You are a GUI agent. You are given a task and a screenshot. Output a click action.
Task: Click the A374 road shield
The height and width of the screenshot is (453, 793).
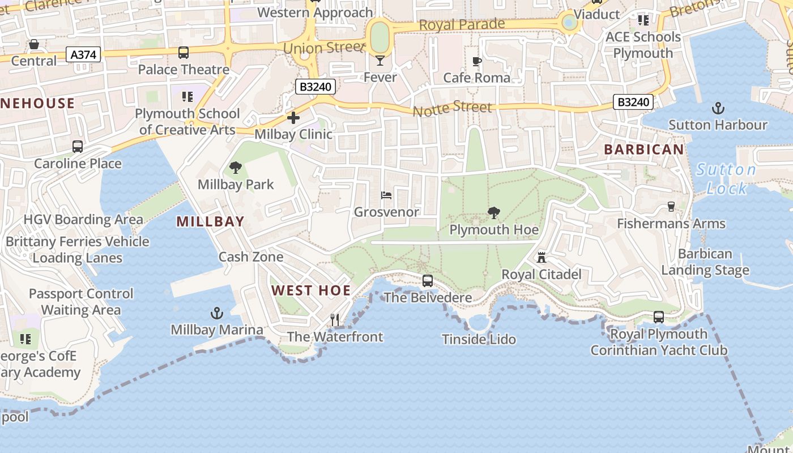84,54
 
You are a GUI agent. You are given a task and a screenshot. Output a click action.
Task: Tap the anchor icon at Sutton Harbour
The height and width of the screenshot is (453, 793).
718,108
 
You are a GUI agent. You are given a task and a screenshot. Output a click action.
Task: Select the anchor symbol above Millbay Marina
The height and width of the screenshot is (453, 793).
216,313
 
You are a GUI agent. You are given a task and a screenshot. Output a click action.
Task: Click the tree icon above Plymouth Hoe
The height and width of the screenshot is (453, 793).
493,213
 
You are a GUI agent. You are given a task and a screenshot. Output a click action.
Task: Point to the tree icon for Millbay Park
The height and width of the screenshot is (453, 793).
235,168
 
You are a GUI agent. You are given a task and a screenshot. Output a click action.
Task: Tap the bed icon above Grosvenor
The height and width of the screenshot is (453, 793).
386,195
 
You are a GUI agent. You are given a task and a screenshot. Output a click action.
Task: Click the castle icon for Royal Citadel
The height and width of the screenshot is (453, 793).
542,258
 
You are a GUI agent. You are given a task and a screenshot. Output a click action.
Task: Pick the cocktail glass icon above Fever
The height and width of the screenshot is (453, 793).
380,59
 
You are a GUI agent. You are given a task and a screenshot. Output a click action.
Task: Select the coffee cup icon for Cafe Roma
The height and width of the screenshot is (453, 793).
477,61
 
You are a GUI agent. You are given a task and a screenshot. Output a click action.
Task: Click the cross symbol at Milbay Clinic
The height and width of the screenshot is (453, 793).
293,118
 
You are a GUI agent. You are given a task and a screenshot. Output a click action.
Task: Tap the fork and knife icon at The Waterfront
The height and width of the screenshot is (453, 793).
335,320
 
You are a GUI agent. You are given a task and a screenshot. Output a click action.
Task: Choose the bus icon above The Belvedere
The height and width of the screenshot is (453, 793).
428,281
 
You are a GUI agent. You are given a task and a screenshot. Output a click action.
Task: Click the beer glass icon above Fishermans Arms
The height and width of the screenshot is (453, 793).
671,207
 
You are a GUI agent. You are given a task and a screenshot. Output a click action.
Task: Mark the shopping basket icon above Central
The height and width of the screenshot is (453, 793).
34,44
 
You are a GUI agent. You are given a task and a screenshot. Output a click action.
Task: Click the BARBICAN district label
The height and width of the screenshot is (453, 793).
644,149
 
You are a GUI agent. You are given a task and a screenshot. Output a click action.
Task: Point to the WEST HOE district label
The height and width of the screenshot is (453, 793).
311,290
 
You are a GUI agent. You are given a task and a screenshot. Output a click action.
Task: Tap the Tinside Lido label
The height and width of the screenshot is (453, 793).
479,339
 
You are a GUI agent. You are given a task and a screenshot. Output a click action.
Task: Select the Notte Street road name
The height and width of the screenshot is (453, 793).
453,107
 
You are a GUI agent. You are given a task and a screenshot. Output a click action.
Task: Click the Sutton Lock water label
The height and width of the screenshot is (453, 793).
727,178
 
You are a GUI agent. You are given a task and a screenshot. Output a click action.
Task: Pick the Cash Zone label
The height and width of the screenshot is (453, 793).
251,257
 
